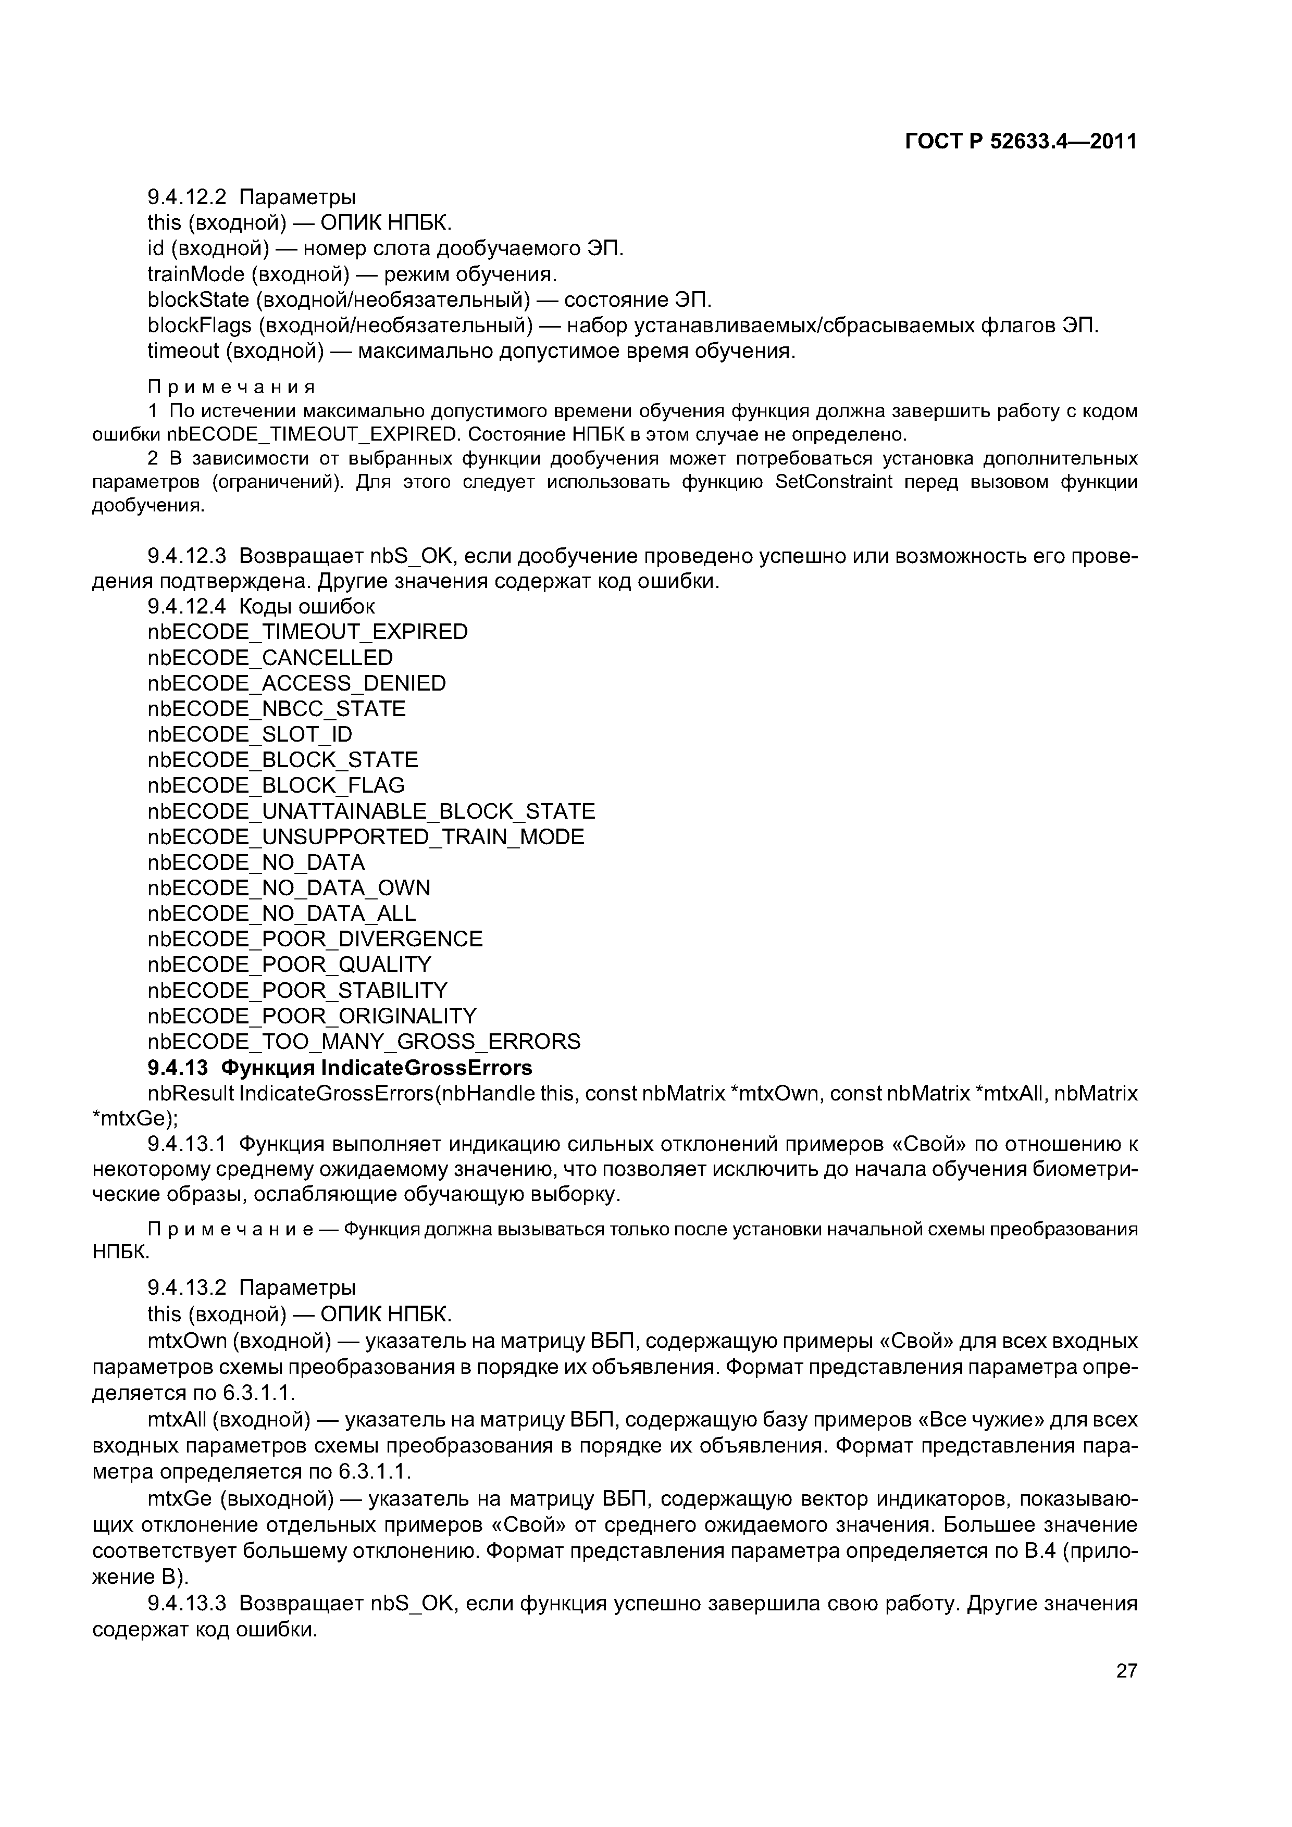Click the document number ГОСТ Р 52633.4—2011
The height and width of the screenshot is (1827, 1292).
pos(1021,142)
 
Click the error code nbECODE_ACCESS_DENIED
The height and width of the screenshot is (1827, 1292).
pos(296,683)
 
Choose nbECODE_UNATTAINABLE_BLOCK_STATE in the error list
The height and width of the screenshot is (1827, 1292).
pos(371,811)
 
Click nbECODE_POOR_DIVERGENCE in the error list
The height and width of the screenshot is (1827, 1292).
pos(315,939)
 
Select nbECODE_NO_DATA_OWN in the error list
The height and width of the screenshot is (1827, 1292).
pos(288,888)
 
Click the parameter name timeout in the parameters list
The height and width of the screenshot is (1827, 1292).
pos(183,351)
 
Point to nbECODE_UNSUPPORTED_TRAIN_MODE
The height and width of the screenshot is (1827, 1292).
pos(365,837)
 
